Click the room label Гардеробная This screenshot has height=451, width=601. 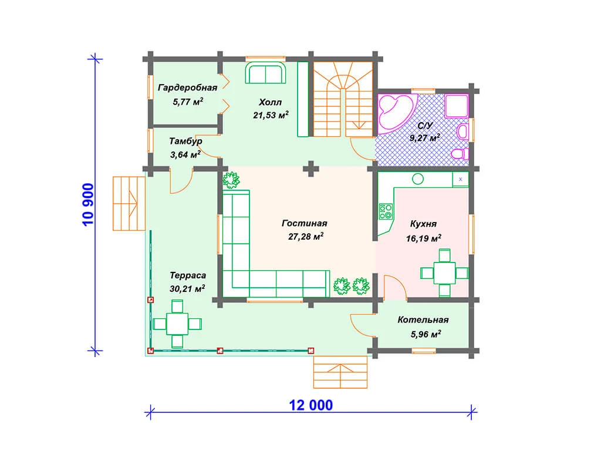[187, 88]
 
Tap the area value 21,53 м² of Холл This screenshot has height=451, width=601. [271, 115]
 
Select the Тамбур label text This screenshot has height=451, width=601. [185, 141]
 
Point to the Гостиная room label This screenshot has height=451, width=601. [305, 223]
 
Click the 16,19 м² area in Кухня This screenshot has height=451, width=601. [424, 238]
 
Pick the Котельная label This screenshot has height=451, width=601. [423, 320]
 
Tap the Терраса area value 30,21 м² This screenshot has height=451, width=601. [187, 288]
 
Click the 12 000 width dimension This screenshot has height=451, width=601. [311, 405]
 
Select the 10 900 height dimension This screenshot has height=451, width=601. [88, 205]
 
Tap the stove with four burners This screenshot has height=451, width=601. [386, 211]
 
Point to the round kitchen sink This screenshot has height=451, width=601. [418, 179]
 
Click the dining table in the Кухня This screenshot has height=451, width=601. [445, 272]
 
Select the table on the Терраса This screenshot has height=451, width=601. [177, 324]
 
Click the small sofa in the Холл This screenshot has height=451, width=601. [265, 73]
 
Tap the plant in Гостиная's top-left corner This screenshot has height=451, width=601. [231, 180]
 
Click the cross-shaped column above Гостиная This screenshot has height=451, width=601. [311, 169]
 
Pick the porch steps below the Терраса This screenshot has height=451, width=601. [340, 372]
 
